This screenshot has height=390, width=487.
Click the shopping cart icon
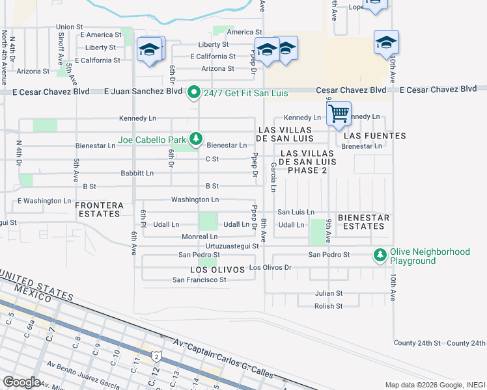pyautogui.click(x=339, y=114)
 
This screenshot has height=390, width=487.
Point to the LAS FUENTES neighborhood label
pyautogui.click(x=374, y=136)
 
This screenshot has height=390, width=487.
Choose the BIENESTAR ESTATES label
pyautogui.click(x=363, y=222)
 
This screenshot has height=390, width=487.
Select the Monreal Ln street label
pyautogui.click(x=199, y=237)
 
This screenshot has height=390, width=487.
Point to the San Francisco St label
pyautogui.click(x=199, y=280)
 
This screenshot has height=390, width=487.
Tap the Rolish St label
pyautogui.click(x=328, y=306)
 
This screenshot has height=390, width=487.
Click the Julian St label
pyautogui.click(x=328, y=294)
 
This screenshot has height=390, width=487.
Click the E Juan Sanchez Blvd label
pyautogui.click(x=143, y=92)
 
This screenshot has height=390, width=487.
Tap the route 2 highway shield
pyautogui.click(x=156, y=356)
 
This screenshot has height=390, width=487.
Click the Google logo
pyautogui.click(x=21, y=382)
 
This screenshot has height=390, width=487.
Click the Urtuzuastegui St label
pyautogui.click(x=232, y=246)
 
